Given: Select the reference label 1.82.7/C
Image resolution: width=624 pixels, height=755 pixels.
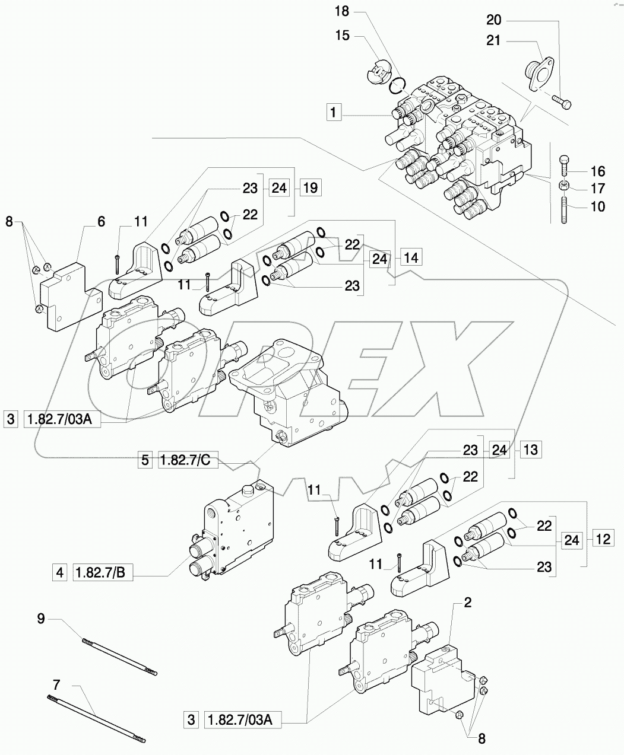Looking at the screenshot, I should click(188, 459).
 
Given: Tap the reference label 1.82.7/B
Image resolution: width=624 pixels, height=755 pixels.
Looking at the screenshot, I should click(102, 572).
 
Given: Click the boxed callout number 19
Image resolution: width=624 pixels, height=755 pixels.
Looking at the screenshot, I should click(309, 188).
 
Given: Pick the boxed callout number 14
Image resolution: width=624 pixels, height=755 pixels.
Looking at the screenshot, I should click(411, 257).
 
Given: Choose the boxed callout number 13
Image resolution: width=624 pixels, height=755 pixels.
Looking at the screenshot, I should click(530, 450).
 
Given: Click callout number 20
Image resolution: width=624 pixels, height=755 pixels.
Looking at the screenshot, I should click(493, 20).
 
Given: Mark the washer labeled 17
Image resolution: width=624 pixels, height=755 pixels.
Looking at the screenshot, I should click(565, 186).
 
